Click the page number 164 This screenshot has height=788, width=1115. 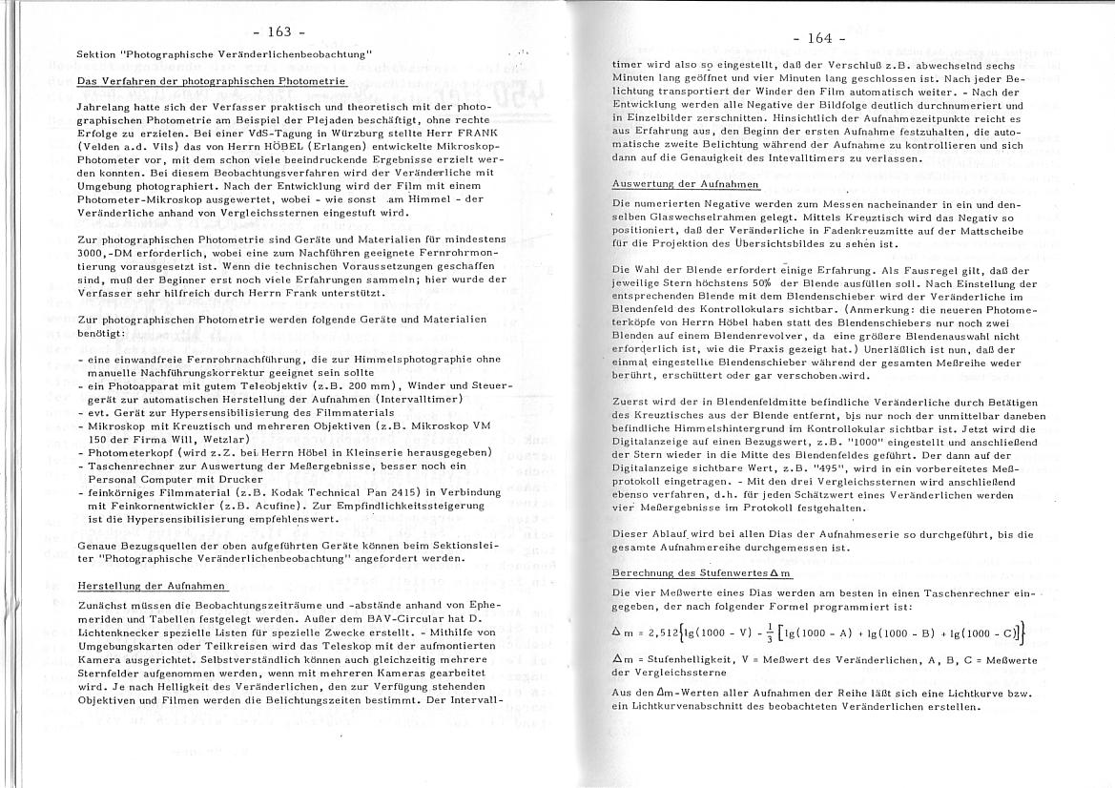pyautogui.click(x=819, y=38)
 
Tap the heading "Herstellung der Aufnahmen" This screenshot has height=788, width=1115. pyautogui.click(x=152, y=585)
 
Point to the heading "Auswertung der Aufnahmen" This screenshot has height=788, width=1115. pyautogui.click(x=686, y=183)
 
